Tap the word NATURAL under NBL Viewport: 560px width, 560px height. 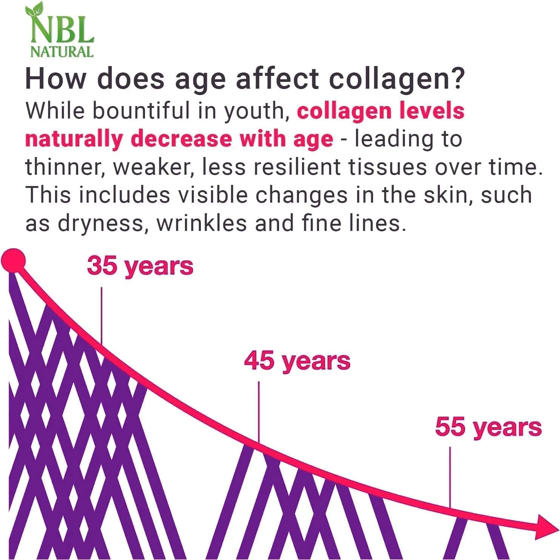click(x=62, y=52)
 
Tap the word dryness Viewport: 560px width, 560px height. click(x=101, y=224)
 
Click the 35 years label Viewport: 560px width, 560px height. click(x=140, y=266)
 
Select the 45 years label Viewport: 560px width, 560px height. click(x=297, y=360)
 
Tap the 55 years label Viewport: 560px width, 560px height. click(x=488, y=427)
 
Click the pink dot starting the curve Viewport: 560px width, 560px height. click(x=14, y=260)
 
